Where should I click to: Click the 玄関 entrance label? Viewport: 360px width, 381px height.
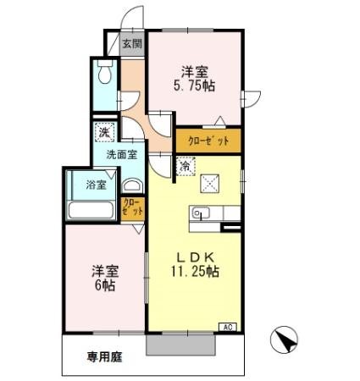click(131, 44)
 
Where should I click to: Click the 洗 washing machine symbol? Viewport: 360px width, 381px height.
click(103, 131)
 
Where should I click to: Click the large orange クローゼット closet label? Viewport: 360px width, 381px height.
click(208, 141)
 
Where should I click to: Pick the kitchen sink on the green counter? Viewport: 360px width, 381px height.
click(201, 213)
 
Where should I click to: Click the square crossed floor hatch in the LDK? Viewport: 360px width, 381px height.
click(208, 182)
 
